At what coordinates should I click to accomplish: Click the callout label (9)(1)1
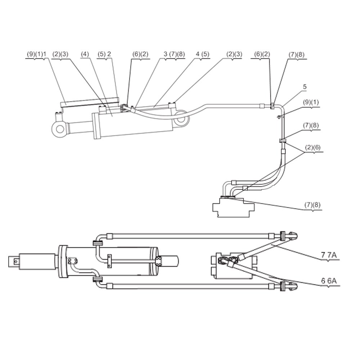pyautogui.click(x=37, y=54)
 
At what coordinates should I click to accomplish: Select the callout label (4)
pyautogui.click(x=85, y=54)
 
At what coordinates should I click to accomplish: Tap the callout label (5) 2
pyautogui.click(x=104, y=54)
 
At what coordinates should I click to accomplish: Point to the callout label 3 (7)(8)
pyautogui.click(x=174, y=54)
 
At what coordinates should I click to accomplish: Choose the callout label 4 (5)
pyautogui.click(x=202, y=54)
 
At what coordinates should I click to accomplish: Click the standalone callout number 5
pyautogui.click(x=305, y=87)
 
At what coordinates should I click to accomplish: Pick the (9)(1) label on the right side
pyautogui.click(x=311, y=102)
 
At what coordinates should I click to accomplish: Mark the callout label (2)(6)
pyautogui.click(x=312, y=147)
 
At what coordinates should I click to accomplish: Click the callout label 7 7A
pyautogui.click(x=329, y=255)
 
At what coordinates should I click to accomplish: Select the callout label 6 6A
pyautogui.click(x=329, y=281)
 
